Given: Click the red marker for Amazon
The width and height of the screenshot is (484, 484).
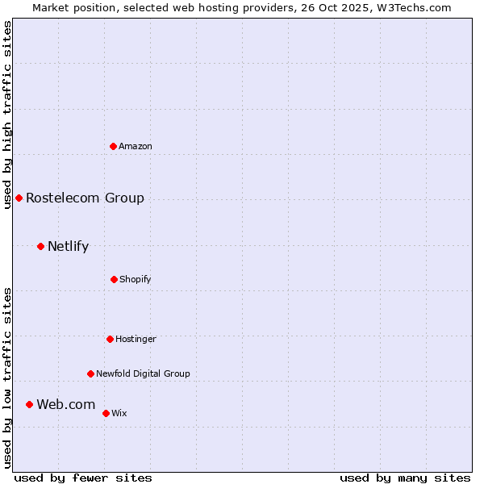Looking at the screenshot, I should (113, 146).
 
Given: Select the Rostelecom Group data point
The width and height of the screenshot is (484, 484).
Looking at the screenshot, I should (19, 198).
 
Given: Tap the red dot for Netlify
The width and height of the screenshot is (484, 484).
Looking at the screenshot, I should (40, 246).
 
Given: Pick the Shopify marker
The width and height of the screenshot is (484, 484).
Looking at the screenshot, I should (114, 279).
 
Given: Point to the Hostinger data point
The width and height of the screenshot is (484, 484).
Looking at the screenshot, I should (110, 339).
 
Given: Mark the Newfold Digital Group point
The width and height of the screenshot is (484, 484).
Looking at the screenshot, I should (90, 373).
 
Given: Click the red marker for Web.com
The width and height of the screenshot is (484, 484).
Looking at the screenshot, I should (29, 404).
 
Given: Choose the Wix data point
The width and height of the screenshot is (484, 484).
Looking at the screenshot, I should (106, 413).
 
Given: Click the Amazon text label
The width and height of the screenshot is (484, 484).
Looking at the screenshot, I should (136, 146).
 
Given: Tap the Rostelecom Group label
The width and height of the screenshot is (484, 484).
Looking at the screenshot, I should (85, 198).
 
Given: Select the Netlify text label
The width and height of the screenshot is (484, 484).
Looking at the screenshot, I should (68, 246).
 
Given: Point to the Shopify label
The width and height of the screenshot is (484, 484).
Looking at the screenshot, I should (136, 279).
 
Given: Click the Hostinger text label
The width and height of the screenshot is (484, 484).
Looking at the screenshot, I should (136, 339).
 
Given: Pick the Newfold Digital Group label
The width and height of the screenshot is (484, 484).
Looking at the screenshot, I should (143, 373).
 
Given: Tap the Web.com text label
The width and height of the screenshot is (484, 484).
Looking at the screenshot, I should (65, 404).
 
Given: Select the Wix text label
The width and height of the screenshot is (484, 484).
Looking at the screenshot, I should (119, 413).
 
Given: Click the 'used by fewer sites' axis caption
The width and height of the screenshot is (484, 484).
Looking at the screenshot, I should (83, 478).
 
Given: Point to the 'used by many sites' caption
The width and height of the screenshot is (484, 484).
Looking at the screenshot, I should (405, 478).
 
